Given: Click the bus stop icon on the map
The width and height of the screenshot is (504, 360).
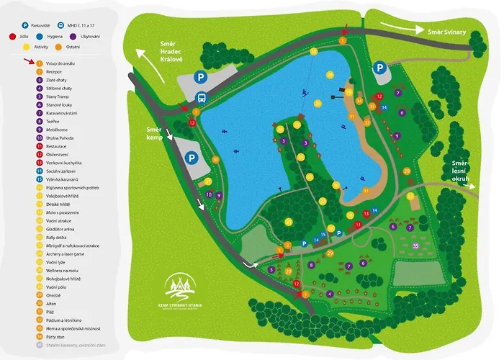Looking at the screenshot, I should tap(200, 99).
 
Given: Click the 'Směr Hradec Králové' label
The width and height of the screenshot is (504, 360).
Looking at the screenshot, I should tap(174, 53).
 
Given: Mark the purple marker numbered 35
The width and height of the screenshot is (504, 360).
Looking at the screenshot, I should tap(415, 246).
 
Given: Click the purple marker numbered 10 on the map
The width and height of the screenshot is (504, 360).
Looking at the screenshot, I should tap(209, 195).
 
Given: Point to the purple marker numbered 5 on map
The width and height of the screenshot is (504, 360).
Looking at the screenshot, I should tap(271, 269).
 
